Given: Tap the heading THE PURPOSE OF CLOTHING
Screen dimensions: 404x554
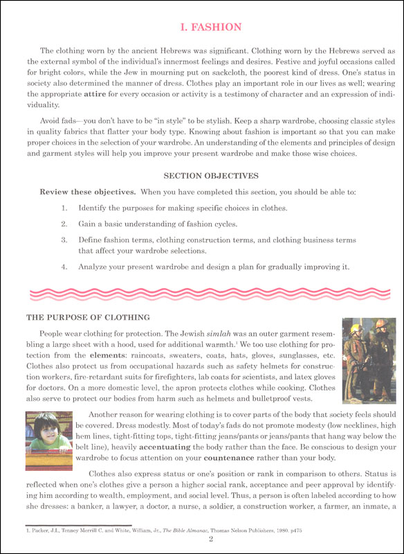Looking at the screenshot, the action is [88, 317].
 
